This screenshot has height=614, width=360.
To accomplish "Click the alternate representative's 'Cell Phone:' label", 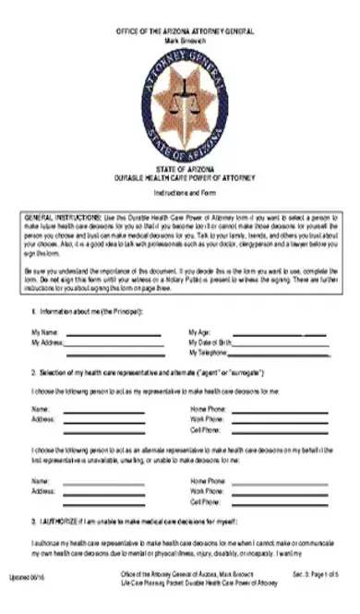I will [x=207, y=502].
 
